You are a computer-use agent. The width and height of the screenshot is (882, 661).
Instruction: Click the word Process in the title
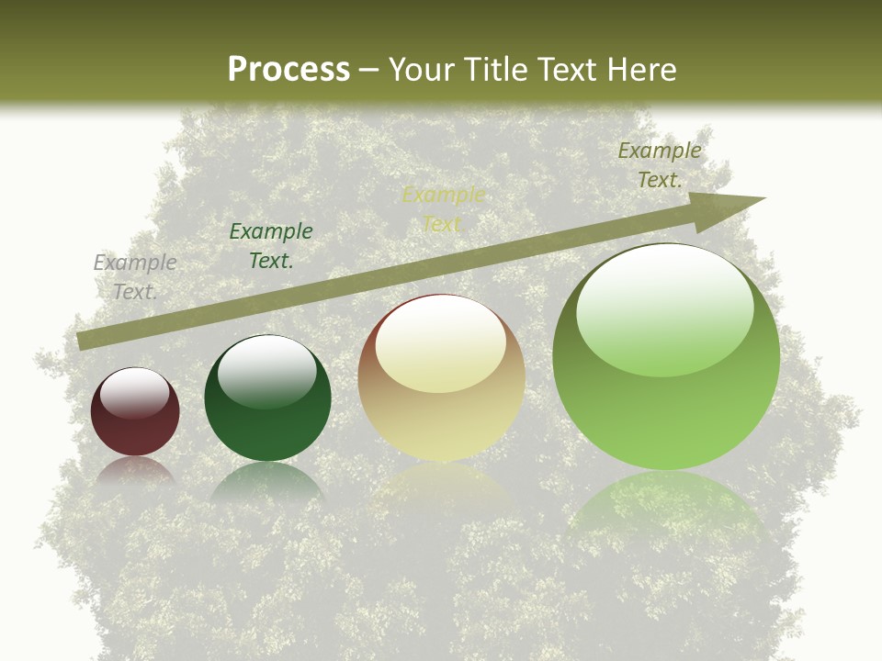[288, 70]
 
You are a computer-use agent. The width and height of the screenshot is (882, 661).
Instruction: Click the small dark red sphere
[135, 422]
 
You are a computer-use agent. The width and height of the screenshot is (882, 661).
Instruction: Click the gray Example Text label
[135, 276]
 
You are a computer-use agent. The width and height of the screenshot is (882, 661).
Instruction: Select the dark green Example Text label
[271, 245]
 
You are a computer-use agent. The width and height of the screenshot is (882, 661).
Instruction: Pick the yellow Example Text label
[443, 208]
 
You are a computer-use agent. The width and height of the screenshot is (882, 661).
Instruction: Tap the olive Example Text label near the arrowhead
[660, 164]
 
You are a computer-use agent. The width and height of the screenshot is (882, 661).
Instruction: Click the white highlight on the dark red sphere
[135, 392]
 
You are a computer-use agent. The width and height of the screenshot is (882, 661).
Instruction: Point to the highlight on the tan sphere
[441, 344]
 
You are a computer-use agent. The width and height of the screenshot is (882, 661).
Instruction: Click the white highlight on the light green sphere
[665, 308]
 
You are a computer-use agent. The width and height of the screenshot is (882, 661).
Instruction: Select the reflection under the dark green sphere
[267, 482]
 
